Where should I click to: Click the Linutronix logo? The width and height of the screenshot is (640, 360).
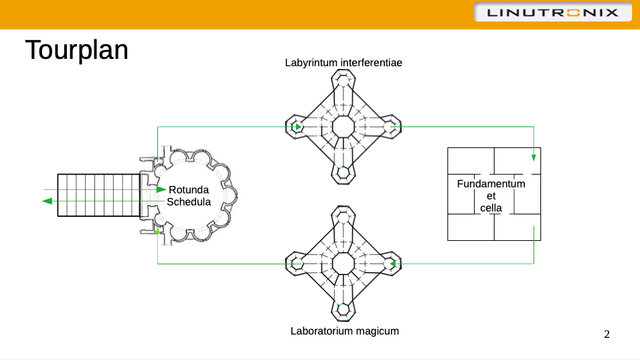(x=552, y=13)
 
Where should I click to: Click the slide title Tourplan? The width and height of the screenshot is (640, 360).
(x=77, y=50)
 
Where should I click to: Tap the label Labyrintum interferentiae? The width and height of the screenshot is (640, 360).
(x=343, y=63)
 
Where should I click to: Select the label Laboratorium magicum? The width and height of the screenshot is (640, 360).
(x=345, y=331)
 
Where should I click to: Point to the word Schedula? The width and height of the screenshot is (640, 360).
(x=189, y=201)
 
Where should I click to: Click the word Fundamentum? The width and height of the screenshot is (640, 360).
(x=491, y=183)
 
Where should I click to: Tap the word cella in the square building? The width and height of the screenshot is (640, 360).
(x=491, y=207)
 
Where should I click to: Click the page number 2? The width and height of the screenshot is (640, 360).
(x=607, y=334)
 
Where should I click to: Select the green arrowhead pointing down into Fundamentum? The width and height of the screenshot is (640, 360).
(x=534, y=158)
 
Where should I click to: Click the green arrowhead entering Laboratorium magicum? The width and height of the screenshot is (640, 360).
(x=394, y=264)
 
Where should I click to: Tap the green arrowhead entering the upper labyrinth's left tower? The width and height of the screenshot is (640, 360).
(x=298, y=126)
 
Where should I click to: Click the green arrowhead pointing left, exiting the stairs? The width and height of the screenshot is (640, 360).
(x=48, y=200)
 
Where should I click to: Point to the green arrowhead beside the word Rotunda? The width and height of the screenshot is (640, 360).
(x=162, y=189)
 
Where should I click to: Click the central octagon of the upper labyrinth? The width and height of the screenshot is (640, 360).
(x=343, y=126)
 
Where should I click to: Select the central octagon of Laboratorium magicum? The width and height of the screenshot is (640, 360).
(x=343, y=264)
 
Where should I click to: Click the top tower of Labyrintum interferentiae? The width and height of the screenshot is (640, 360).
(x=343, y=82)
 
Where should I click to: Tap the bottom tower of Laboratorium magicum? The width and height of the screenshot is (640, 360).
(x=343, y=308)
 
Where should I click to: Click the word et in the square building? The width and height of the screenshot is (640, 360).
(x=492, y=195)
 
